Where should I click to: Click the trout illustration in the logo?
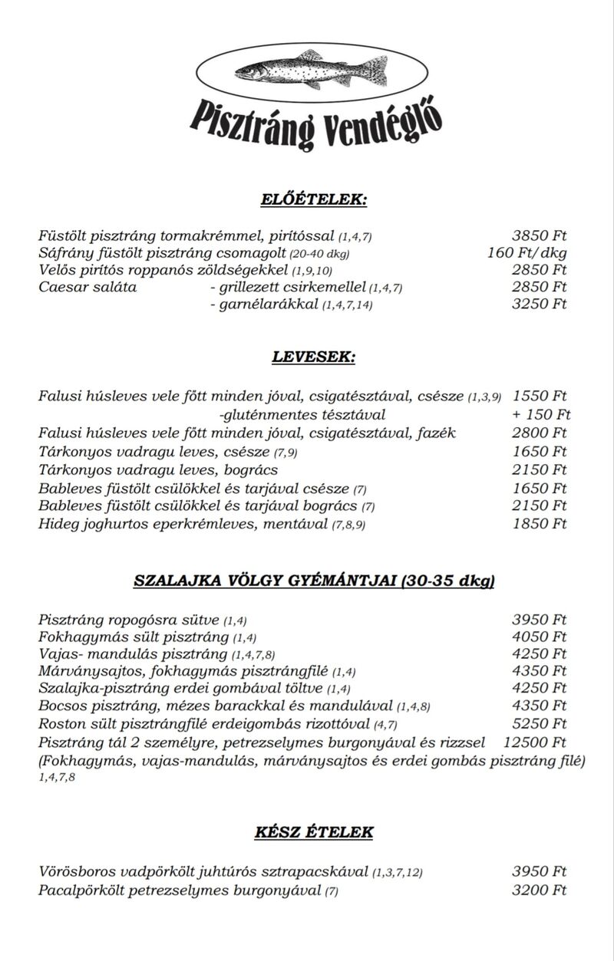(307, 71)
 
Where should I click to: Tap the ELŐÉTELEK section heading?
(314, 200)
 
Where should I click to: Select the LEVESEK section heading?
(314, 357)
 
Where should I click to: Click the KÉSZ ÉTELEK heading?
(314, 832)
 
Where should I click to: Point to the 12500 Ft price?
(534, 742)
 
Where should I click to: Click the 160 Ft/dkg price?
(527, 252)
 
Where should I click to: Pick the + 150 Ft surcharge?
(540, 415)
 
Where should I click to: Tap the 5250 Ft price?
(539, 723)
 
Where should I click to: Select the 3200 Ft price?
(539, 890)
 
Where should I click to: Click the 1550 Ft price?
(539, 397)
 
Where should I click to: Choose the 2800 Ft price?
(539, 433)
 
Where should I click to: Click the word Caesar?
(63, 288)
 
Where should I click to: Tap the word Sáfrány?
(64, 253)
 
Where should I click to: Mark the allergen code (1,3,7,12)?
(398, 873)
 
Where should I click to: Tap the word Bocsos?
(62, 706)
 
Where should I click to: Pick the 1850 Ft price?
(539, 525)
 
